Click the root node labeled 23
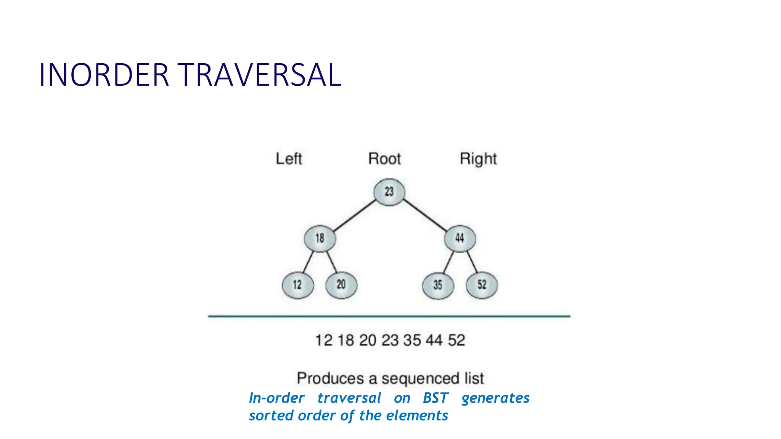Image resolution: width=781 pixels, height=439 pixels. (x=389, y=192)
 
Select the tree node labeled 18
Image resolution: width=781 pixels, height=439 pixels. (x=320, y=239)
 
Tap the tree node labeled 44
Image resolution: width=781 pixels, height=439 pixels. (x=460, y=239)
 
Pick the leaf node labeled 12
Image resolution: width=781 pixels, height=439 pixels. (x=297, y=285)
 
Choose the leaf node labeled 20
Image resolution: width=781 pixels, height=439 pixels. (x=341, y=285)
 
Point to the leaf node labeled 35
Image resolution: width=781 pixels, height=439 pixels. (x=438, y=285)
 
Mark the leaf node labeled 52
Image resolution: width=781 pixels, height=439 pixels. (x=482, y=285)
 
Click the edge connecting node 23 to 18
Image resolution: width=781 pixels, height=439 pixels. (x=355, y=215)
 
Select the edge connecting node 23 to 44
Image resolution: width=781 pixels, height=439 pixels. (x=425, y=215)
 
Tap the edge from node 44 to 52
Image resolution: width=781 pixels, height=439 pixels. (x=472, y=261)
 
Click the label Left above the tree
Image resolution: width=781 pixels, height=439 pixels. (x=289, y=159)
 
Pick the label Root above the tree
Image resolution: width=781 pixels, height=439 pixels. (x=384, y=159)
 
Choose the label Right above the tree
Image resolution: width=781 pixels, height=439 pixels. (x=478, y=159)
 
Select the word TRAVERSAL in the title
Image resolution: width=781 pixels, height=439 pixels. (x=259, y=75)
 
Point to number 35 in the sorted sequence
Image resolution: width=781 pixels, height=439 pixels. (x=412, y=340)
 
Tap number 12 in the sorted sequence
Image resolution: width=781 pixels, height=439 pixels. (x=324, y=340)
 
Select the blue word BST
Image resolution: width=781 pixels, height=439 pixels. (x=435, y=398)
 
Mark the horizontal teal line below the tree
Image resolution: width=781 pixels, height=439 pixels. (x=389, y=316)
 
